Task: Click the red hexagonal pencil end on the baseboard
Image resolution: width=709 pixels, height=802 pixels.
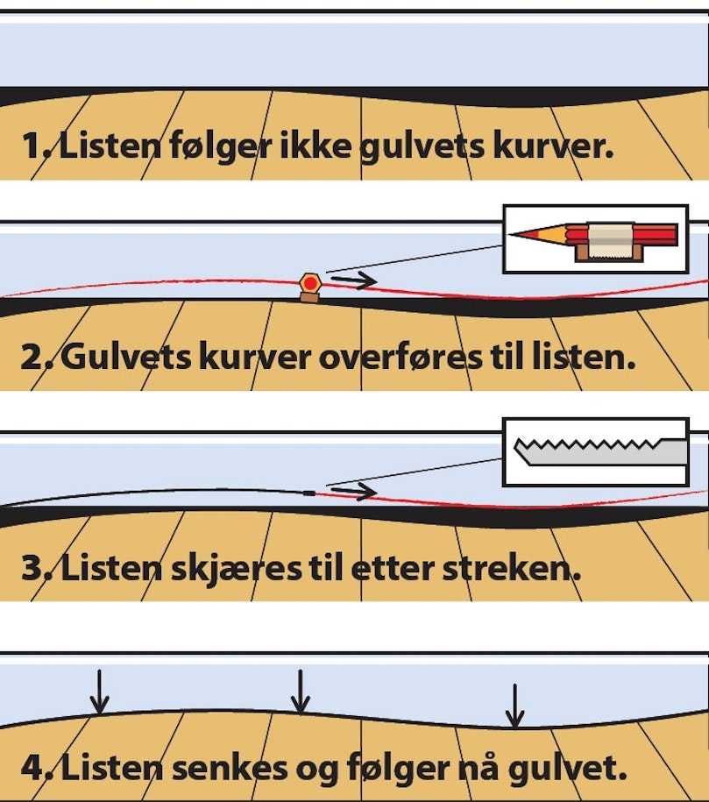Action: click(x=308, y=283)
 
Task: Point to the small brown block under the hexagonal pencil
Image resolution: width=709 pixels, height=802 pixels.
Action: click(x=308, y=297)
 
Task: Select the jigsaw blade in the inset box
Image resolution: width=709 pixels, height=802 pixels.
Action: click(x=596, y=451)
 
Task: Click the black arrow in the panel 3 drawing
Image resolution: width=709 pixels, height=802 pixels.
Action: click(x=355, y=492)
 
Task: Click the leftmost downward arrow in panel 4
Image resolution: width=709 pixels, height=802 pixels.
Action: click(x=101, y=692)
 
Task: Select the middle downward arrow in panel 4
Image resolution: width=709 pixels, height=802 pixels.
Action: click(x=301, y=692)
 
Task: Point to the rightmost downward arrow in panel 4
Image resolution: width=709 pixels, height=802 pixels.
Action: click(x=515, y=704)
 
